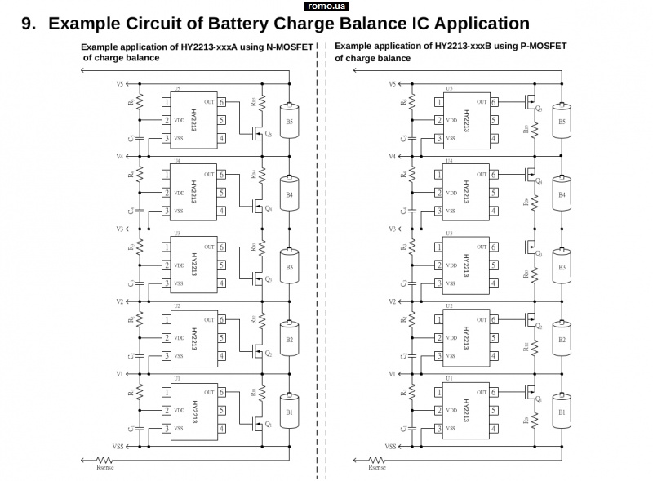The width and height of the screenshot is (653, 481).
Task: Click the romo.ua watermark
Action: coord(326,6)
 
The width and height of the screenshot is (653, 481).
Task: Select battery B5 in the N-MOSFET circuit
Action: coord(289,121)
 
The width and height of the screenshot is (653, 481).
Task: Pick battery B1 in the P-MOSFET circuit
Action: coord(561,412)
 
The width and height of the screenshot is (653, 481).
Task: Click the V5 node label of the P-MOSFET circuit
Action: coord(393,84)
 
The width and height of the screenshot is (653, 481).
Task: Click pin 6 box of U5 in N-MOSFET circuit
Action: coord(221,102)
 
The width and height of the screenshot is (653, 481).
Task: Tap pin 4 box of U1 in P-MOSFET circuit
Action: coord(493,429)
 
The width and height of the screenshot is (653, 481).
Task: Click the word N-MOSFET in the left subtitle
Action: coord(290,47)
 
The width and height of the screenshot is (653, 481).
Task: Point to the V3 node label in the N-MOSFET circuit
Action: coord(119,229)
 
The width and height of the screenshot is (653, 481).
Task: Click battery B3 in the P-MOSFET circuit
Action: coord(561,267)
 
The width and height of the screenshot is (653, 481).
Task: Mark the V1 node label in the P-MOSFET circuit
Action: coord(393,374)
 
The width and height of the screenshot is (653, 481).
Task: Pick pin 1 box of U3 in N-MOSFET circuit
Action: coord(166,247)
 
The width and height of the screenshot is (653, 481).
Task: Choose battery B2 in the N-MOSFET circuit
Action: coord(289,339)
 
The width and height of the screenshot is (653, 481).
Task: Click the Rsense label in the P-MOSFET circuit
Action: coord(376,467)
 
